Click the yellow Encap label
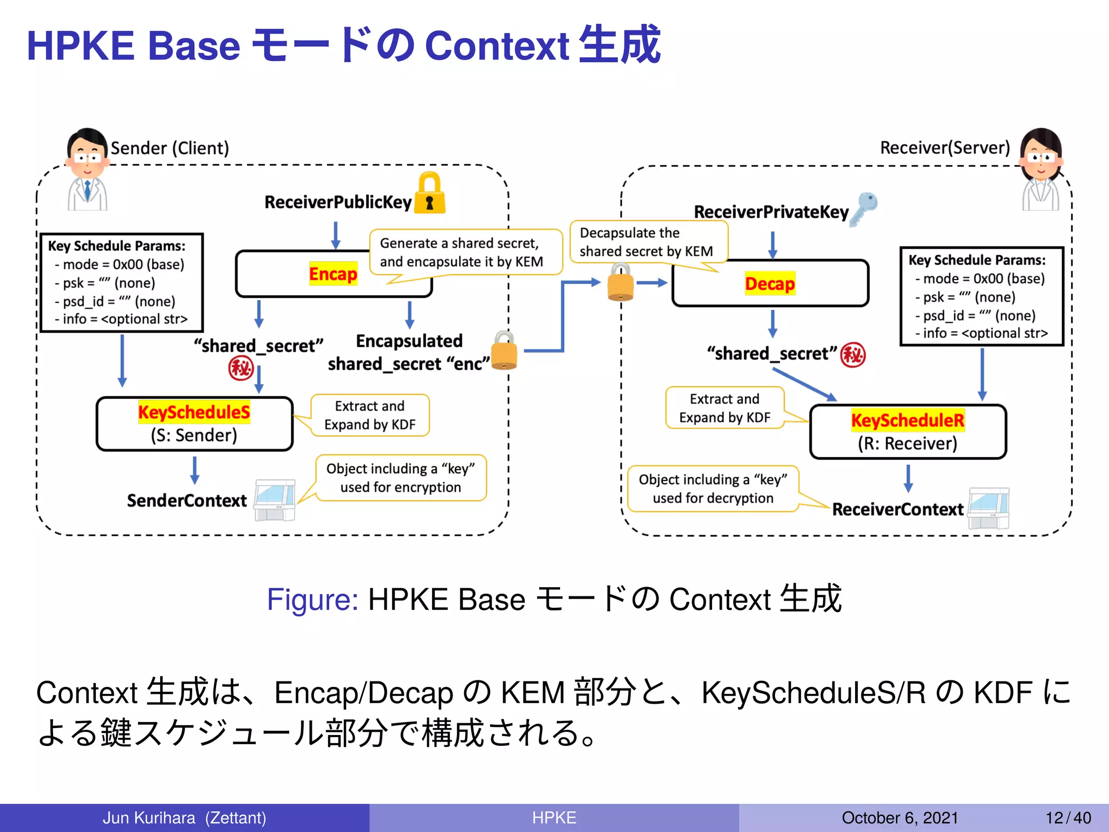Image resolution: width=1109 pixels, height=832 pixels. point(333,274)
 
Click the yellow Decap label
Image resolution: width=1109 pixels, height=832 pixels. point(769,283)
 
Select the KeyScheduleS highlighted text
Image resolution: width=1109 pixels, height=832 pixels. point(194,412)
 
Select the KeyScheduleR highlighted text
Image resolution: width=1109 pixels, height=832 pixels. point(908,420)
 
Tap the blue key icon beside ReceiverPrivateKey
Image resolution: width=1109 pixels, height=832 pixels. point(864,209)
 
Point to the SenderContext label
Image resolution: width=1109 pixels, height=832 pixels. point(187,500)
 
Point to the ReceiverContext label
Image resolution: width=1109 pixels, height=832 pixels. point(898,509)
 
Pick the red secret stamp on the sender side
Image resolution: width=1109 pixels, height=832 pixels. point(240,369)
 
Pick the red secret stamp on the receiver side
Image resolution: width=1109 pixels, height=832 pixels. point(853,355)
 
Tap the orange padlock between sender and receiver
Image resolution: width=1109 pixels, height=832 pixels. point(620,282)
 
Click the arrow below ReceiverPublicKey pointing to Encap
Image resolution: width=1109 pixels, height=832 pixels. point(336,235)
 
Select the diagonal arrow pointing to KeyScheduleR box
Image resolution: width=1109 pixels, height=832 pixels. point(804,385)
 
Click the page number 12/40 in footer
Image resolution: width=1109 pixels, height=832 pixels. point(1068,817)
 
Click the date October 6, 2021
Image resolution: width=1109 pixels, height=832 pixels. point(899,817)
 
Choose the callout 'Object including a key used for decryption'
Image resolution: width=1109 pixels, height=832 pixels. point(713,489)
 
